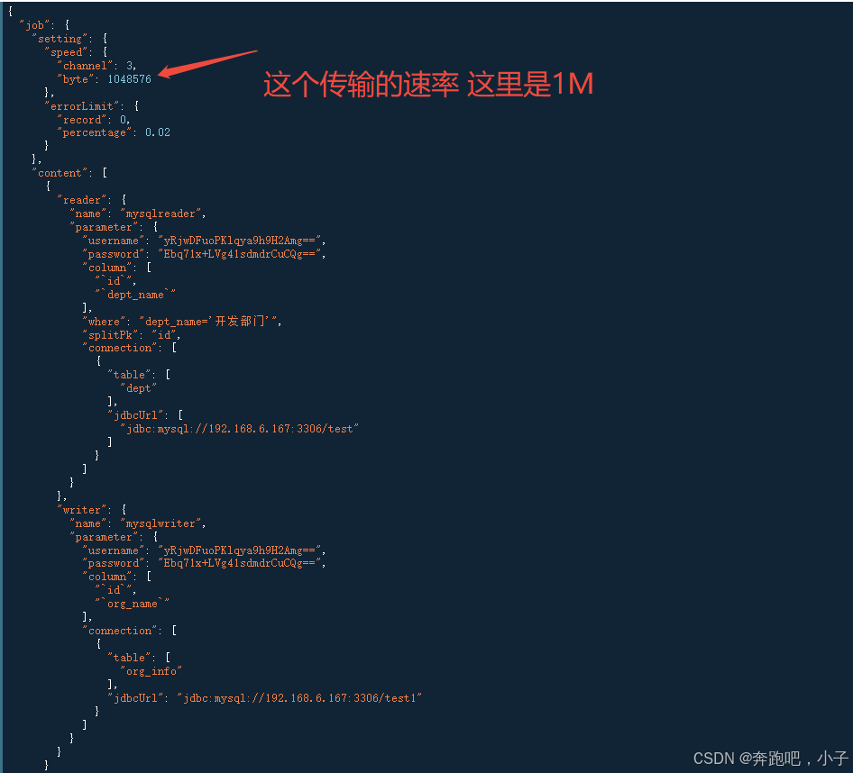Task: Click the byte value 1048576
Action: (129, 79)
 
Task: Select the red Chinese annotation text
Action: (428, 85)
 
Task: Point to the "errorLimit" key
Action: (82, 106)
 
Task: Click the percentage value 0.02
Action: (158, 132)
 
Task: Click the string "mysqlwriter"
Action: (165, 523)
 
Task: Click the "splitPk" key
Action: (109, 334)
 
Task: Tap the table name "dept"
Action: (139, 388)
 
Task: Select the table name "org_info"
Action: (151, 671)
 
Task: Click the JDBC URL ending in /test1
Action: (299, 698)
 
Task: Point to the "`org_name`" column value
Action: (133, 604)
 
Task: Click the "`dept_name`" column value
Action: (135, 295)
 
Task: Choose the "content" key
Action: (60, 173)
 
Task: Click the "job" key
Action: (34, 25)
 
